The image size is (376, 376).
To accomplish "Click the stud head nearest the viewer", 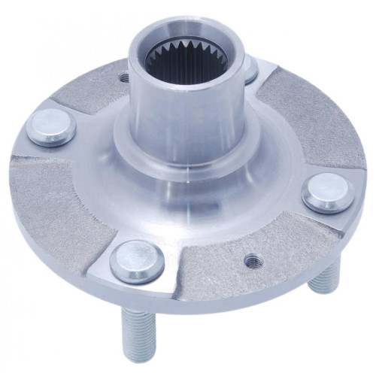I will click(137, 260).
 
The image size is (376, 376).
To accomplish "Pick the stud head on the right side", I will click(327, 192).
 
